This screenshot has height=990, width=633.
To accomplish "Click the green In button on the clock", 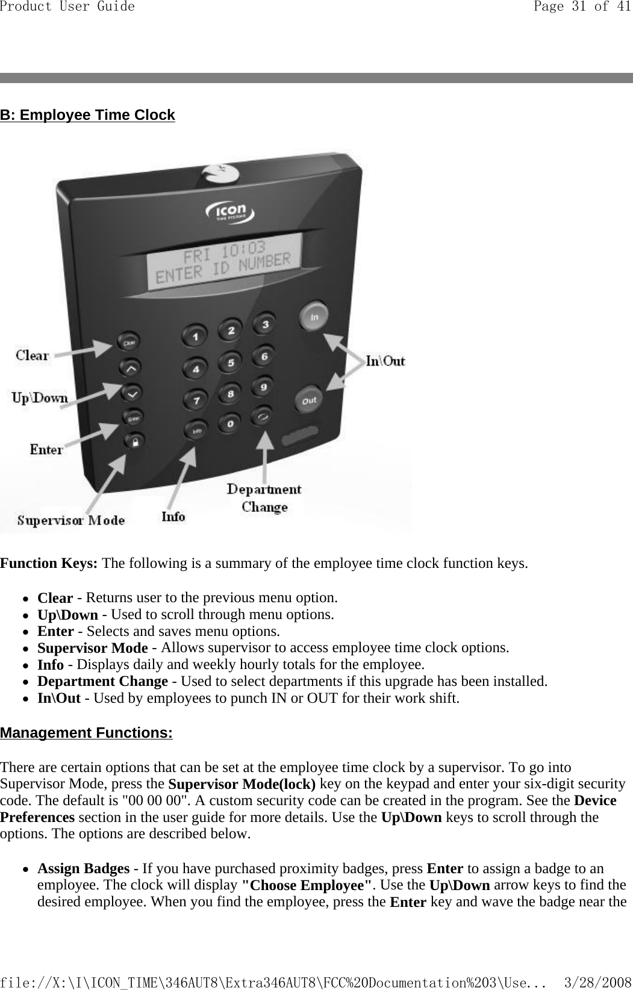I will (x=314, y=317).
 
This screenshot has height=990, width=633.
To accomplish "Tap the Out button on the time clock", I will (x=309, y=400).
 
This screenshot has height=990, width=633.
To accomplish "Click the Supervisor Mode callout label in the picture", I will (x=70, y=520).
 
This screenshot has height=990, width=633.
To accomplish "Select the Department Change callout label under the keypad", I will (x=264, y=498).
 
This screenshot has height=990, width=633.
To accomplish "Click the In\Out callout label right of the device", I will (x=385, y=361).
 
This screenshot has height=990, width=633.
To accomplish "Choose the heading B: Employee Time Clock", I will (x=87, y=115).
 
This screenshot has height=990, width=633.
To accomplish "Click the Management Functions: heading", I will (x=86, y=733).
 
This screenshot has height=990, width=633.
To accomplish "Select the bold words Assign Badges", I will (x=83, y=868).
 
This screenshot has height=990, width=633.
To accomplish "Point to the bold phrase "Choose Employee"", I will (x=306, y=885).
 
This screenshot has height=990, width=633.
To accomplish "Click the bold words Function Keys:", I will (x=49, y=564).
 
